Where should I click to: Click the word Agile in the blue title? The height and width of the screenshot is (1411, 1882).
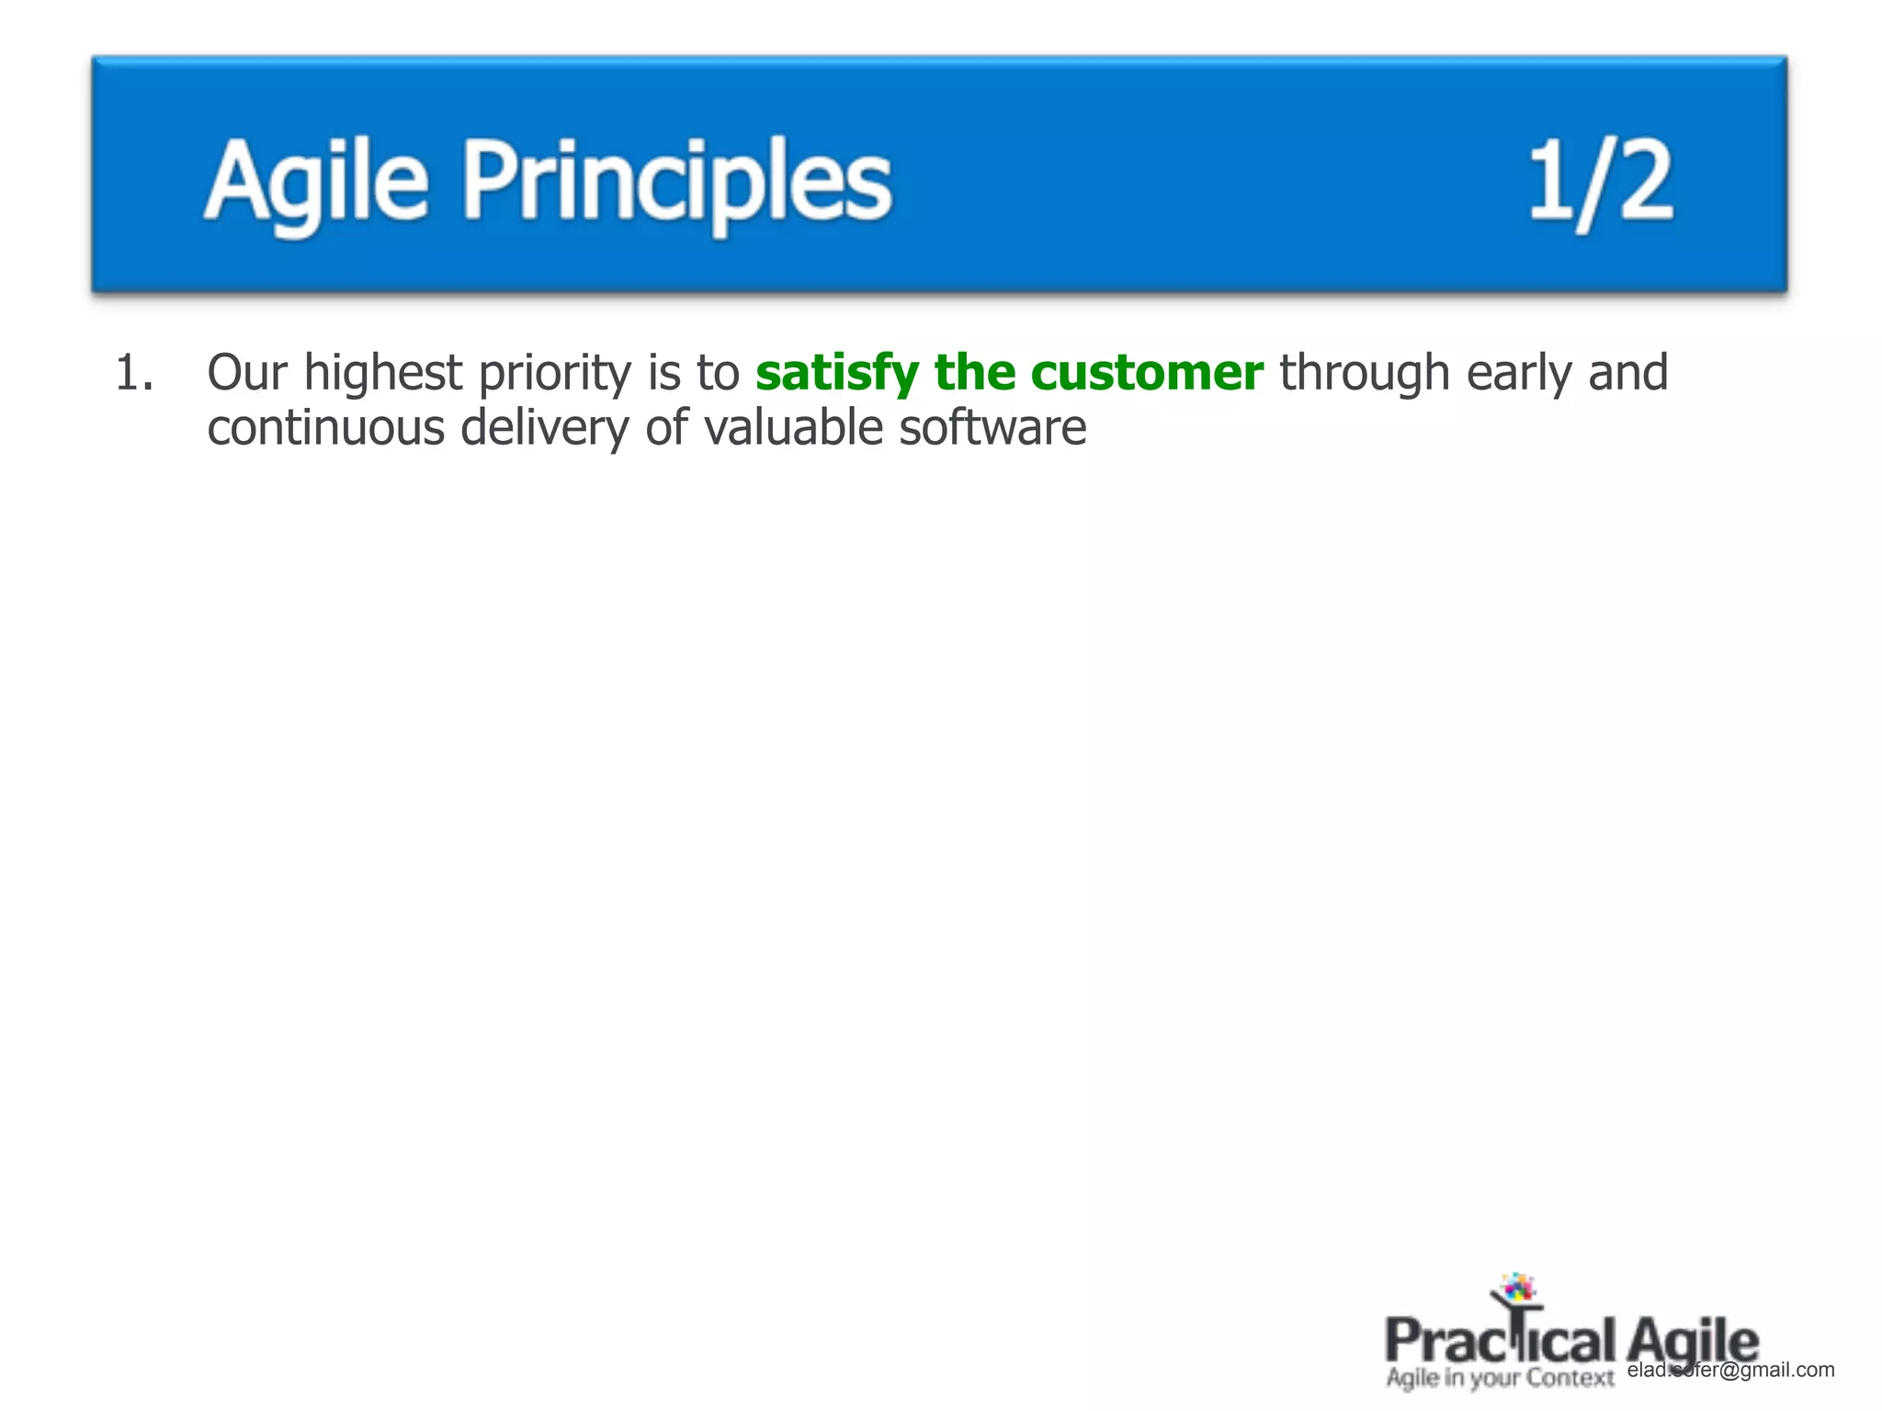(x=316, y=181)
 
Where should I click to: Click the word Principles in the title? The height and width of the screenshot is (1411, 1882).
(x=677, y=181)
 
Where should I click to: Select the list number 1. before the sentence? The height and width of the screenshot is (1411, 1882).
(x=134, y=374)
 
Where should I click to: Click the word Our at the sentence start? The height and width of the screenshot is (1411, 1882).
(x=246, y=374)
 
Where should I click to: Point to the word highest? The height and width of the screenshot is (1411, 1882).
(x=383, y=374)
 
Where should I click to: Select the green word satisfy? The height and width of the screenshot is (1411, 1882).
(x=836, y=374)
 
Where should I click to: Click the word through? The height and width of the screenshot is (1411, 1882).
(x=1364, y=374)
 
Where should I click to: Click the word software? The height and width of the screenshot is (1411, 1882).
(x=992, y=429)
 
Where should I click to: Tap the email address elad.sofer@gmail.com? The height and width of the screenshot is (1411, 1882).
(x=1730, y=1370)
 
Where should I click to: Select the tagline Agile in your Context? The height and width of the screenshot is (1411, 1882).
(x=1499, y=1378)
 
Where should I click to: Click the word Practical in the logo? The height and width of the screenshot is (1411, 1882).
(x=1499, y=1342)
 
